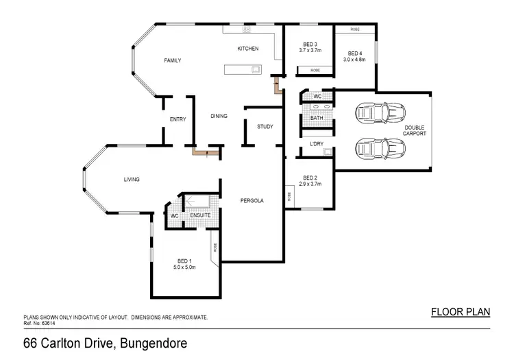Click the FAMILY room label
pyautogui.click(x=172, y=61)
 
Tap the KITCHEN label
pyautogui.click(x=247, y=49)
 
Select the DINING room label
pyautogui.click(x=219, y=117)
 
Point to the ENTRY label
pyautogui.click(x=178, y=120)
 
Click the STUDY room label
pyautogui.click(x=265, y=127)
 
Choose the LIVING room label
pyautogui.click(x=132, y=180)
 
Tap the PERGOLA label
pyautogui.click(x=252, y=201)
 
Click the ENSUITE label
pyautogui.click(x=200, y=215)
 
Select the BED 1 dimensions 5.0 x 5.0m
pyautogui.click(x=184, y=267)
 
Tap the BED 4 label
pyautogui.click(x=354, y=53)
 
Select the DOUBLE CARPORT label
pyautogui.click(x=415, y=130)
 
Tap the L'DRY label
pyautogui.click(x=317, y=144)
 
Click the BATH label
pyautogui.click(x=316, y=118)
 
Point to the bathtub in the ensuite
pyautogui.click(x=201, y=202)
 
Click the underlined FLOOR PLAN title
pyautogui.click(x=461, y=312)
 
